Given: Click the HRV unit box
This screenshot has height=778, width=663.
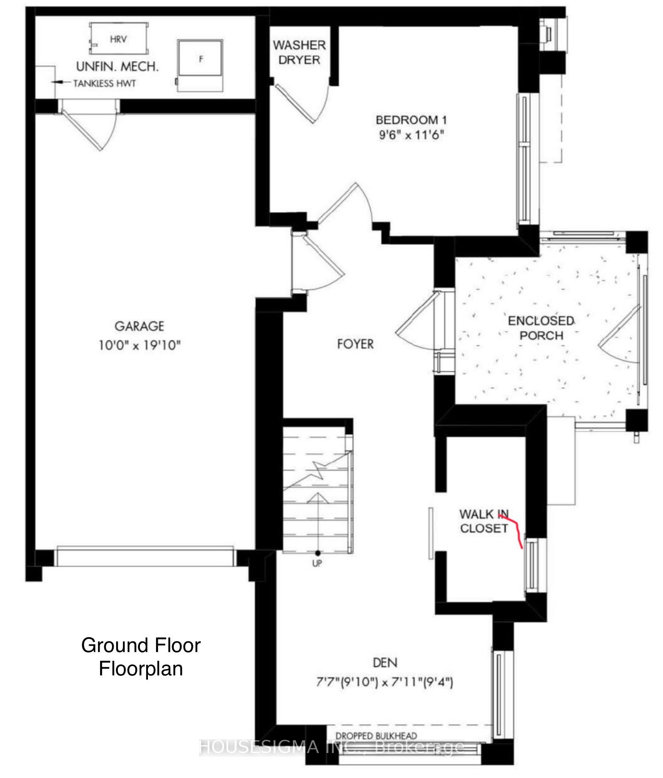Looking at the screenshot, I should [118, 39].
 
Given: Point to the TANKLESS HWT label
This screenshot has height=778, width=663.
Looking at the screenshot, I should [104, 84].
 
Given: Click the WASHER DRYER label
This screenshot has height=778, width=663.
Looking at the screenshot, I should [299, 52].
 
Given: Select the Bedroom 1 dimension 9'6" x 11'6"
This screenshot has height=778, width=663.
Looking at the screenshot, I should [411, 135].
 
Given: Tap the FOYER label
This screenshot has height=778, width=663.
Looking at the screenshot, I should [355, 344].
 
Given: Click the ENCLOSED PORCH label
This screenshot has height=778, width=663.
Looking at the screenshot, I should [541, 328].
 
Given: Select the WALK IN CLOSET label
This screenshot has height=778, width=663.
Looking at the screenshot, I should [484, 521].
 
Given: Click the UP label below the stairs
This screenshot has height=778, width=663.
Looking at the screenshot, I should [317, 563].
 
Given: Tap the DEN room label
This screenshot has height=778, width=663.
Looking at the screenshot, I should [385, 662].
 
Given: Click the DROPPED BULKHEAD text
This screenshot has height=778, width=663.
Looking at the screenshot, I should [376, 736].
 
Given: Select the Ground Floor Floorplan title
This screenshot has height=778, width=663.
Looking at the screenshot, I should [141, 657].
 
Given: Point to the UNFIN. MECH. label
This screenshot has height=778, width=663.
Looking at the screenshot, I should [117, 67].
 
